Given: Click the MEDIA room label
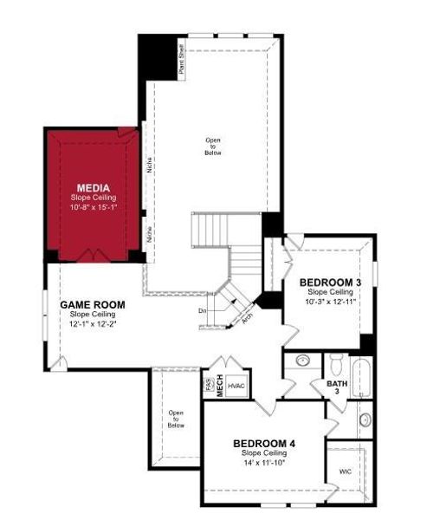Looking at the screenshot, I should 92,187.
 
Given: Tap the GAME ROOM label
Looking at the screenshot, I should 92,305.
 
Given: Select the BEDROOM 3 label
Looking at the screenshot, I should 330,283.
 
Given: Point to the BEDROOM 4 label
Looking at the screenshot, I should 264,444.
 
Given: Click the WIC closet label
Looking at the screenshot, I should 346,471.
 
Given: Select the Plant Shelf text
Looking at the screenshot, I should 181,61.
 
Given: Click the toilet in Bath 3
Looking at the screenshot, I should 338,363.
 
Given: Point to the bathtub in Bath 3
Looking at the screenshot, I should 364,375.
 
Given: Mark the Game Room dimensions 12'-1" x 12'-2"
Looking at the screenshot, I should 92,323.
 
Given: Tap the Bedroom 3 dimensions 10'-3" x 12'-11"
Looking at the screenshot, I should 330,302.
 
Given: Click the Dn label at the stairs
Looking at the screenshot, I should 202,309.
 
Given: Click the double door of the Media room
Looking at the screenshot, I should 92,255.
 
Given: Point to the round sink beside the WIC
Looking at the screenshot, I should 365,420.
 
